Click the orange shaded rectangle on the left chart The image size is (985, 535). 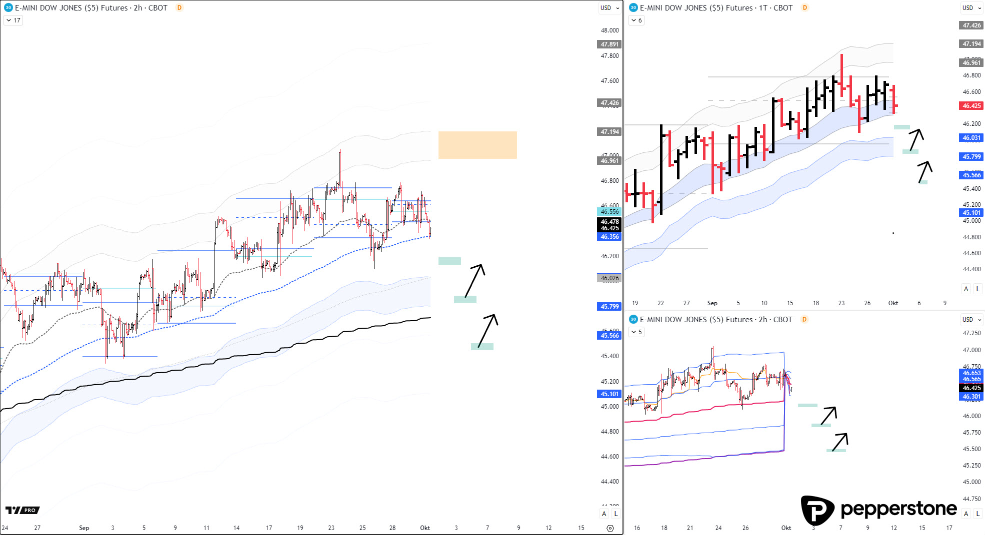[x=477, y=145]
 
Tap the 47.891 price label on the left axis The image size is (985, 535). [x=609, y=44]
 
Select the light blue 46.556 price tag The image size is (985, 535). [x=609, y=212]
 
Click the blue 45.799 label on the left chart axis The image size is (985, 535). [x=609, y=307]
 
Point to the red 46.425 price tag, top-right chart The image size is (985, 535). [x=971, y=106]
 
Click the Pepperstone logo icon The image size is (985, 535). [x=817, y=510]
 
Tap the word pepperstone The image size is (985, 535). [x=898, y=509]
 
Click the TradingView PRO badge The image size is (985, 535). [x=22, y=510]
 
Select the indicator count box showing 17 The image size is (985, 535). [x=13, y=20]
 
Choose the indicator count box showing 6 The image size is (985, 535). [x=636, y=20]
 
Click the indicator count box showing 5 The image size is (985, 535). [x=636, y=332]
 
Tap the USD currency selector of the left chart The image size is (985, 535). [x=609, y=8]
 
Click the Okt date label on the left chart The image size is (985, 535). [x=425, y=528]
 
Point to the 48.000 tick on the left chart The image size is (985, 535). [x=609, y=30]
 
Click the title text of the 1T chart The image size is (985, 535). [x=716, y=8]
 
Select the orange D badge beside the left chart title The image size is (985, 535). [x=179, y=8]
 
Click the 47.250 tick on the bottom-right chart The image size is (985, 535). [x=971, y=333]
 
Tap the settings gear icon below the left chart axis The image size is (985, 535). [x=610, y=528]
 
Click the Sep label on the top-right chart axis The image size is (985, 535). [x=712, y=303]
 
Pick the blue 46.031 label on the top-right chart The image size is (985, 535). [x=971, y=138]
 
